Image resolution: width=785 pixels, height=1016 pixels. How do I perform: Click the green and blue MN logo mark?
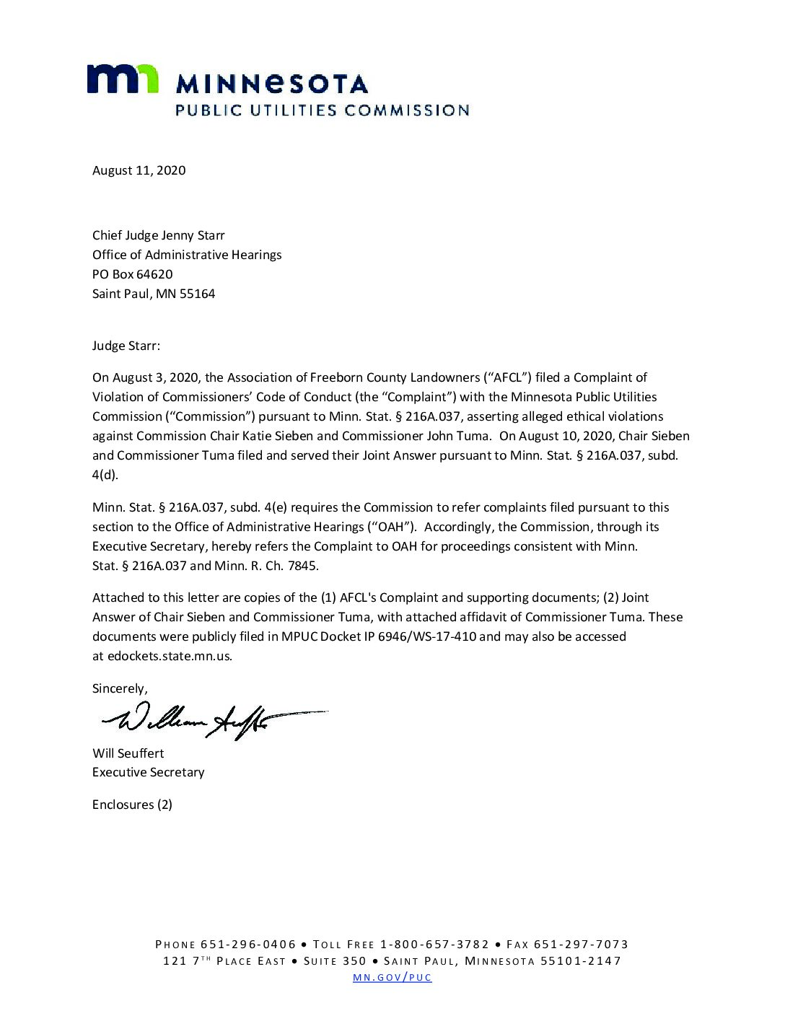(x=123, y=79)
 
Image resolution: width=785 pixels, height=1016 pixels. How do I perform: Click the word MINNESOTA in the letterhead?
(x=272, y=84)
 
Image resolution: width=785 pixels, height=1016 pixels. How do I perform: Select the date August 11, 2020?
(x=139, y=170)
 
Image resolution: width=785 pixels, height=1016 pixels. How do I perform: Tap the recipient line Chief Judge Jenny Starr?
(x=158, y=235)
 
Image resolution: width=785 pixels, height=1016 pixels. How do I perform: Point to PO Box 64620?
(x=132, y=274)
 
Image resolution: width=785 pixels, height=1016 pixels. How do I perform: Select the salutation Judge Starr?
(x=126, y=346)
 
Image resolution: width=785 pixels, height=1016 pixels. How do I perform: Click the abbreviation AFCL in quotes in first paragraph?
(x=508, y=377)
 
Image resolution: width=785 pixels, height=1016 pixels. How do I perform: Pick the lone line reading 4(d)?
(x=105, y=475)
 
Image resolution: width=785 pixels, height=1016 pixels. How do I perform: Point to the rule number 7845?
(x=303, y=566)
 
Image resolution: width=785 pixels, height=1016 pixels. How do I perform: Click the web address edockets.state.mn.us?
(x=170, y=656)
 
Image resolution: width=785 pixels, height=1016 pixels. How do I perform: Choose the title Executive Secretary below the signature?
(x=148, y=772)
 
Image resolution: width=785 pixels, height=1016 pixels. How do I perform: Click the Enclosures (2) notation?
(x=132, y=805)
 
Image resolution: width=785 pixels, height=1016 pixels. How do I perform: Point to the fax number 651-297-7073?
(x=581, y=945)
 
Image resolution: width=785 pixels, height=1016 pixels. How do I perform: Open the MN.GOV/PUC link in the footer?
(x=392, y=978)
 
